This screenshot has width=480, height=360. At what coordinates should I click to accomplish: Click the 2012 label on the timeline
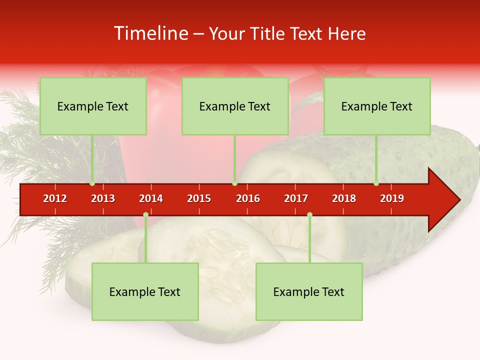[x=55, y=198]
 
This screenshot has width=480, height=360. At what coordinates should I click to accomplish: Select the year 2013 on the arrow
[x=103, y=198]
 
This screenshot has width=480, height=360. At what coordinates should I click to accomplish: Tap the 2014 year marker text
[x=151, y=198]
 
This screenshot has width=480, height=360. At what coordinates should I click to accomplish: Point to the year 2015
[x=199, y=198]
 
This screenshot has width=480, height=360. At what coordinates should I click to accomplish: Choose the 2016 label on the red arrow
[x=248, y=198]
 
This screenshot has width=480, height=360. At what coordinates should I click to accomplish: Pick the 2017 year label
[x=296, y=198]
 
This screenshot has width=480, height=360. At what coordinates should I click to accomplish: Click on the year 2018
[x=344, y=198]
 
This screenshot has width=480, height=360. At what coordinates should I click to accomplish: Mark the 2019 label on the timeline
[x=392, y=198]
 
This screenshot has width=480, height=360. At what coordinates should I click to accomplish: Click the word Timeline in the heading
[x=150, y=33]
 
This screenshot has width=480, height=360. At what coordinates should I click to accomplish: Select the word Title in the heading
[x=268, y=33]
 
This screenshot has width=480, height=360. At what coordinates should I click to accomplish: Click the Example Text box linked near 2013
[x=93, y=106]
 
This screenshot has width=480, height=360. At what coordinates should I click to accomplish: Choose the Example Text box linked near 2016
[x=235, y=106]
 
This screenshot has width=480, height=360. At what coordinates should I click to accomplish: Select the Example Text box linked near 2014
[x=145, y=291]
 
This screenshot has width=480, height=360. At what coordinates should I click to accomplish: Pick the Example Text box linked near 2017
[x=309, y=291]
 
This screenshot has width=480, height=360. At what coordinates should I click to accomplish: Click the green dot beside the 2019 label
[x=376, y=183]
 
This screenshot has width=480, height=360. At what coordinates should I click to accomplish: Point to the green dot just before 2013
[x=92, y=183]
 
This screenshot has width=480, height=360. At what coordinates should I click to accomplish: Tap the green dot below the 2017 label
[x=309, y=215]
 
